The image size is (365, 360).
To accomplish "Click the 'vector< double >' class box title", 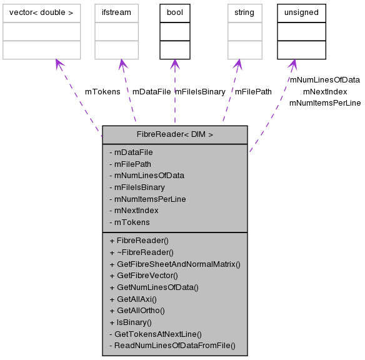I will point(41,12).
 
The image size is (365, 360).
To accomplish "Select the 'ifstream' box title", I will point(116,12).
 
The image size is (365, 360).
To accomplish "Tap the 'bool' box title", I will point(174,12).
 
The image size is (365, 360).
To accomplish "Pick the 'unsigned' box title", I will point(301,12).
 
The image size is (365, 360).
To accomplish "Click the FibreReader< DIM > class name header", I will point(175,134).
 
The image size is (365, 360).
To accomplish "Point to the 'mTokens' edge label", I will point(102,91).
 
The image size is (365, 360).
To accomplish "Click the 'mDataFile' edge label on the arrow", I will point(151,91).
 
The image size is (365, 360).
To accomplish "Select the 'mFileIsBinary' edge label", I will point(199,91).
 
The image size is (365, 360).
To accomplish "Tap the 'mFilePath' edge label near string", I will point(253,91).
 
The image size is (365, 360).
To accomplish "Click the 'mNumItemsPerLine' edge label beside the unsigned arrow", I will point(325,102).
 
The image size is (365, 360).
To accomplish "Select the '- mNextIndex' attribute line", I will point(134,210).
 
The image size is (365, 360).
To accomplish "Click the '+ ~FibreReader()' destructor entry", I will point(141,252).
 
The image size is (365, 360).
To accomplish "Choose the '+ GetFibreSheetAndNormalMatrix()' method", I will point(175,264).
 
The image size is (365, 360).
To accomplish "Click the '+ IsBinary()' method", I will point(131,322).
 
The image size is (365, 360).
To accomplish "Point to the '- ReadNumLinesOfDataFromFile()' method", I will point(172,345).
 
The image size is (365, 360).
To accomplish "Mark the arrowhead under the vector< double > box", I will point(58,64).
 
